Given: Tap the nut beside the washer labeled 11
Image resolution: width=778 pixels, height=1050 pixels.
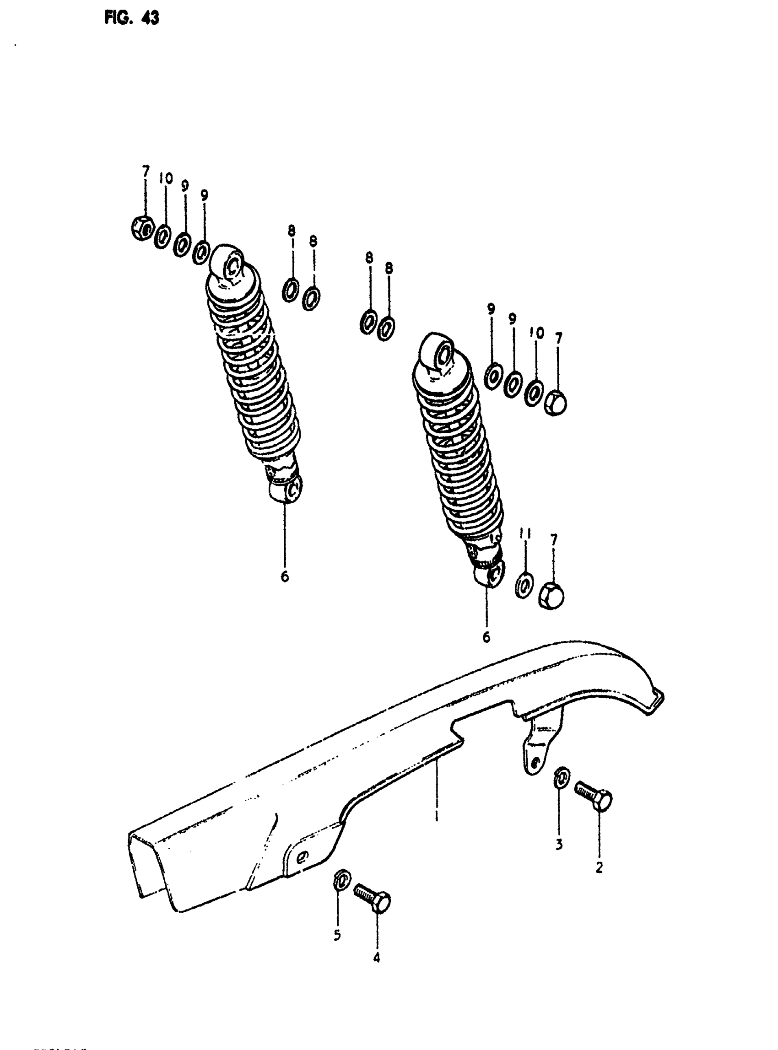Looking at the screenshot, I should pyautogui.click(x=551, y=596).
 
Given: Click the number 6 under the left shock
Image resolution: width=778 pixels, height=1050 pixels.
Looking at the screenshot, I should pyautogui.click(x=285, y=576).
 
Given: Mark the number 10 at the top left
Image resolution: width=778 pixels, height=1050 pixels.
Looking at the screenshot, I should pyautogui.click(x=165, y=178).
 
